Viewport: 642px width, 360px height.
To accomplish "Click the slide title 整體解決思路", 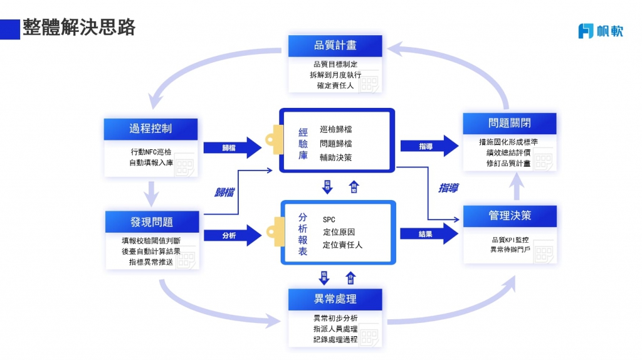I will tap(79, 28).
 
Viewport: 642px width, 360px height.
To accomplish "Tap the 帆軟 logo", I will tap(600, 31).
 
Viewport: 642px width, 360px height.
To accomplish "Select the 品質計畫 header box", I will tap(335, 46).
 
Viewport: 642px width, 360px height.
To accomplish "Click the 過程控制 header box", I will tap(150, 129).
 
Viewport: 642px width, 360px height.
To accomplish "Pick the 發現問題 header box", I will tap(152, 222).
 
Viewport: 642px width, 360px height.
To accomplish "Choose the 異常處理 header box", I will tap(335, 298).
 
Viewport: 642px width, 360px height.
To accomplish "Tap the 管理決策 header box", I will tap(510, 216).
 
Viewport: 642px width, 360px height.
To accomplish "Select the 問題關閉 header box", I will tap(510, 123).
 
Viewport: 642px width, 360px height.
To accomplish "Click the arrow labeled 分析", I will tap(231, 236).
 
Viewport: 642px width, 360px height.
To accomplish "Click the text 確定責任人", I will tap(335, 86).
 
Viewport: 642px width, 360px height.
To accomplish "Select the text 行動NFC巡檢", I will tap(150, 152).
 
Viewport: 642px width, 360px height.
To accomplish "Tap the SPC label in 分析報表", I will tap(329, 220).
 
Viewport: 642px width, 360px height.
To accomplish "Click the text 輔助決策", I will tap(336, 157).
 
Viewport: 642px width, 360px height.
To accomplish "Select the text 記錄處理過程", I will tap(335, 339).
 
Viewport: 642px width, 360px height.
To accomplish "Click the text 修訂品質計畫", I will tap(508, 163).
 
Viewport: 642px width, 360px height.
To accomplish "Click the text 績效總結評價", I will tap(508, 152).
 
